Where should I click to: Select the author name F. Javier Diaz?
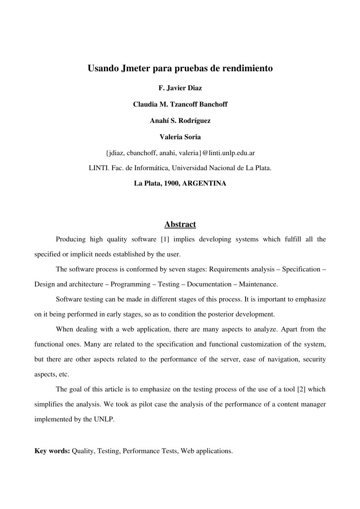pos(180,88)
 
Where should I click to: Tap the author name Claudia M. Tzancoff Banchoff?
pos(180,104)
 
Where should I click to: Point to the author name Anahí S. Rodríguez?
pos(180,121)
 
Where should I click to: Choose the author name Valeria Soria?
pos(180,137)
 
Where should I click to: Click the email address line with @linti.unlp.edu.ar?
pos(180,153)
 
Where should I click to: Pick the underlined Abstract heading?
pos(180,224)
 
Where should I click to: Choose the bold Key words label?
pos(52,451)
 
